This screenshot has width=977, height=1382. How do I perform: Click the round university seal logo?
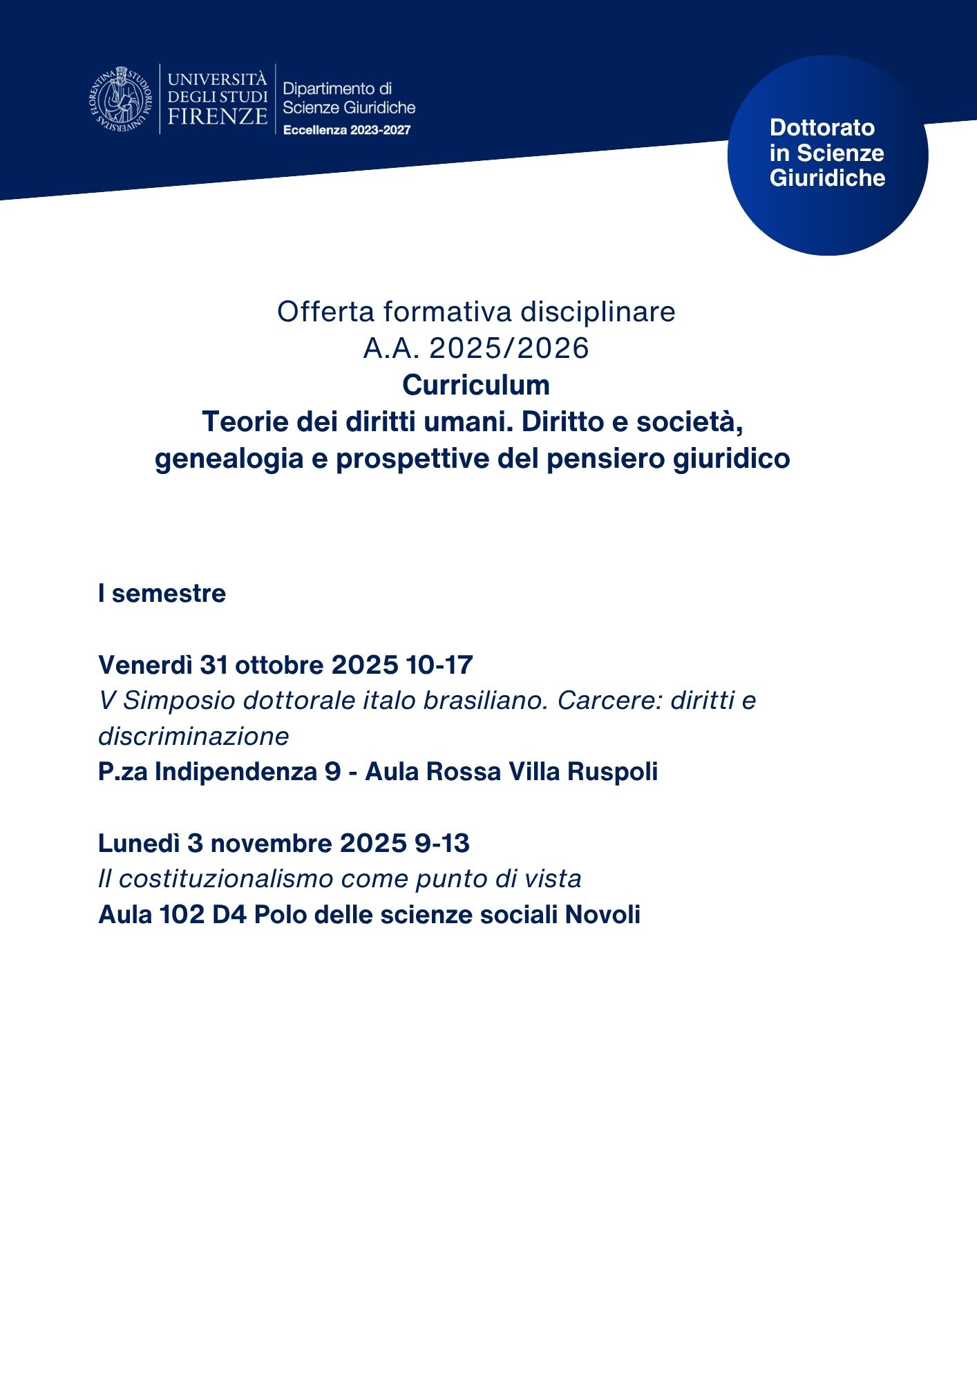point(120,98)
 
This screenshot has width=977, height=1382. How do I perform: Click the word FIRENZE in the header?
point(217,116)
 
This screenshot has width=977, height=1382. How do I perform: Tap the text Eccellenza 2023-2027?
point(347,130)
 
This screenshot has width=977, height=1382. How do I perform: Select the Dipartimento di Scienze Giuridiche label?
point(348,97)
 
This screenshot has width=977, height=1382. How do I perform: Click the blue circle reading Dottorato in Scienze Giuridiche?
point(827,155)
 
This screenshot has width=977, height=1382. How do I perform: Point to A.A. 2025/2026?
point(476,348)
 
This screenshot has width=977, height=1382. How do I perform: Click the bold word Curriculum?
point(476,385)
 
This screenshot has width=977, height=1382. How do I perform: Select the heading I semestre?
point(162,594)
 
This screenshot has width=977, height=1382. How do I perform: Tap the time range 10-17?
point(439,665)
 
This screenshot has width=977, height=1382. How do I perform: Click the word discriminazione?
point(193,736)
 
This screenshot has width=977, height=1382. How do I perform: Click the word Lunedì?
point(138,843)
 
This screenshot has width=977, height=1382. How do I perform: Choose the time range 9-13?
point(442,843)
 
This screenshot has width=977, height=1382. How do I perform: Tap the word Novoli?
point(603,914)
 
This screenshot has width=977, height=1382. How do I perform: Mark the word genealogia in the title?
point(229,458)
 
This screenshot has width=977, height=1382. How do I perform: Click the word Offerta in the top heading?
point(325,312)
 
